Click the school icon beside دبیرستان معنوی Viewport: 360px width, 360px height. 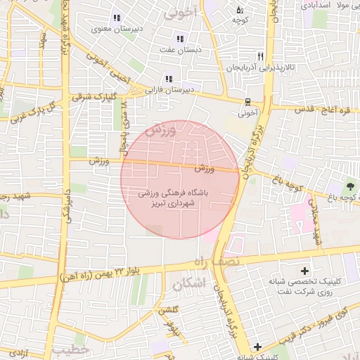(x=116, y=18)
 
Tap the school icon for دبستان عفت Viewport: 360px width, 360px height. (x=180, y=39)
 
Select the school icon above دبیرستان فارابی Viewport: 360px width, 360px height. (x=168, y=79)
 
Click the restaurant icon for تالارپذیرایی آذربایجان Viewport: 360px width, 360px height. (x=261, y=56)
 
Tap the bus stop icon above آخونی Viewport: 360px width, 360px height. (x=247, y=101)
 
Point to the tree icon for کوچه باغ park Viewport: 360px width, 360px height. (x=349, y=187)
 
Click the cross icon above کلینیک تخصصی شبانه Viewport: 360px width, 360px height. (x=304, y=271)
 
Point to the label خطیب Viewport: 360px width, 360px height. (x=70, y=349)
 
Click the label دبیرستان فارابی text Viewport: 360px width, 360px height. (x=169, y=90)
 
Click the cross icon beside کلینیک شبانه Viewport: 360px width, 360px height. (x=258, y=347)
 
